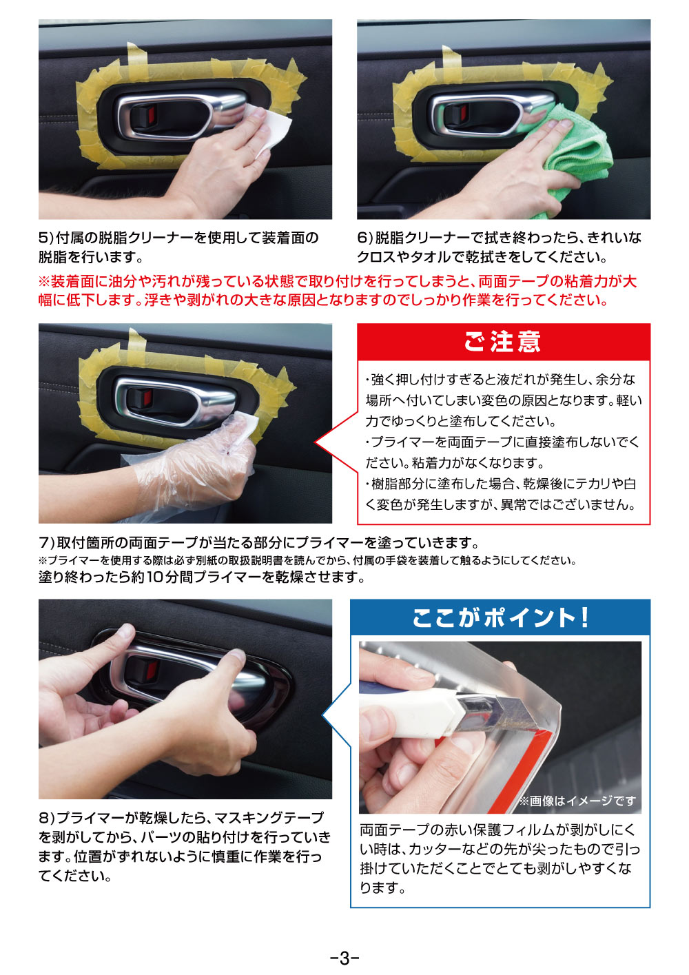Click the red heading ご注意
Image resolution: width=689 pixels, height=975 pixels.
point(503,342)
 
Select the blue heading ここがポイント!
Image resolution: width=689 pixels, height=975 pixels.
point(500,617)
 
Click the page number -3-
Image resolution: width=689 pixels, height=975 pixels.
point(344,958)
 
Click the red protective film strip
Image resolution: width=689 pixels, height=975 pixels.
point(522,770)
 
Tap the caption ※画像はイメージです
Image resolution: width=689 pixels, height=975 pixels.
point(577,800)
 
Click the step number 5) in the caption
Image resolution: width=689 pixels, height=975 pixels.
point(45,238)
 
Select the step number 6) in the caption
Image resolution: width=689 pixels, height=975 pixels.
point(364,238)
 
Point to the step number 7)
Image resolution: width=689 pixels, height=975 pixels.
point(46,543)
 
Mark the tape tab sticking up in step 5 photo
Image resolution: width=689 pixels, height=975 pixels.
point(138,54)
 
